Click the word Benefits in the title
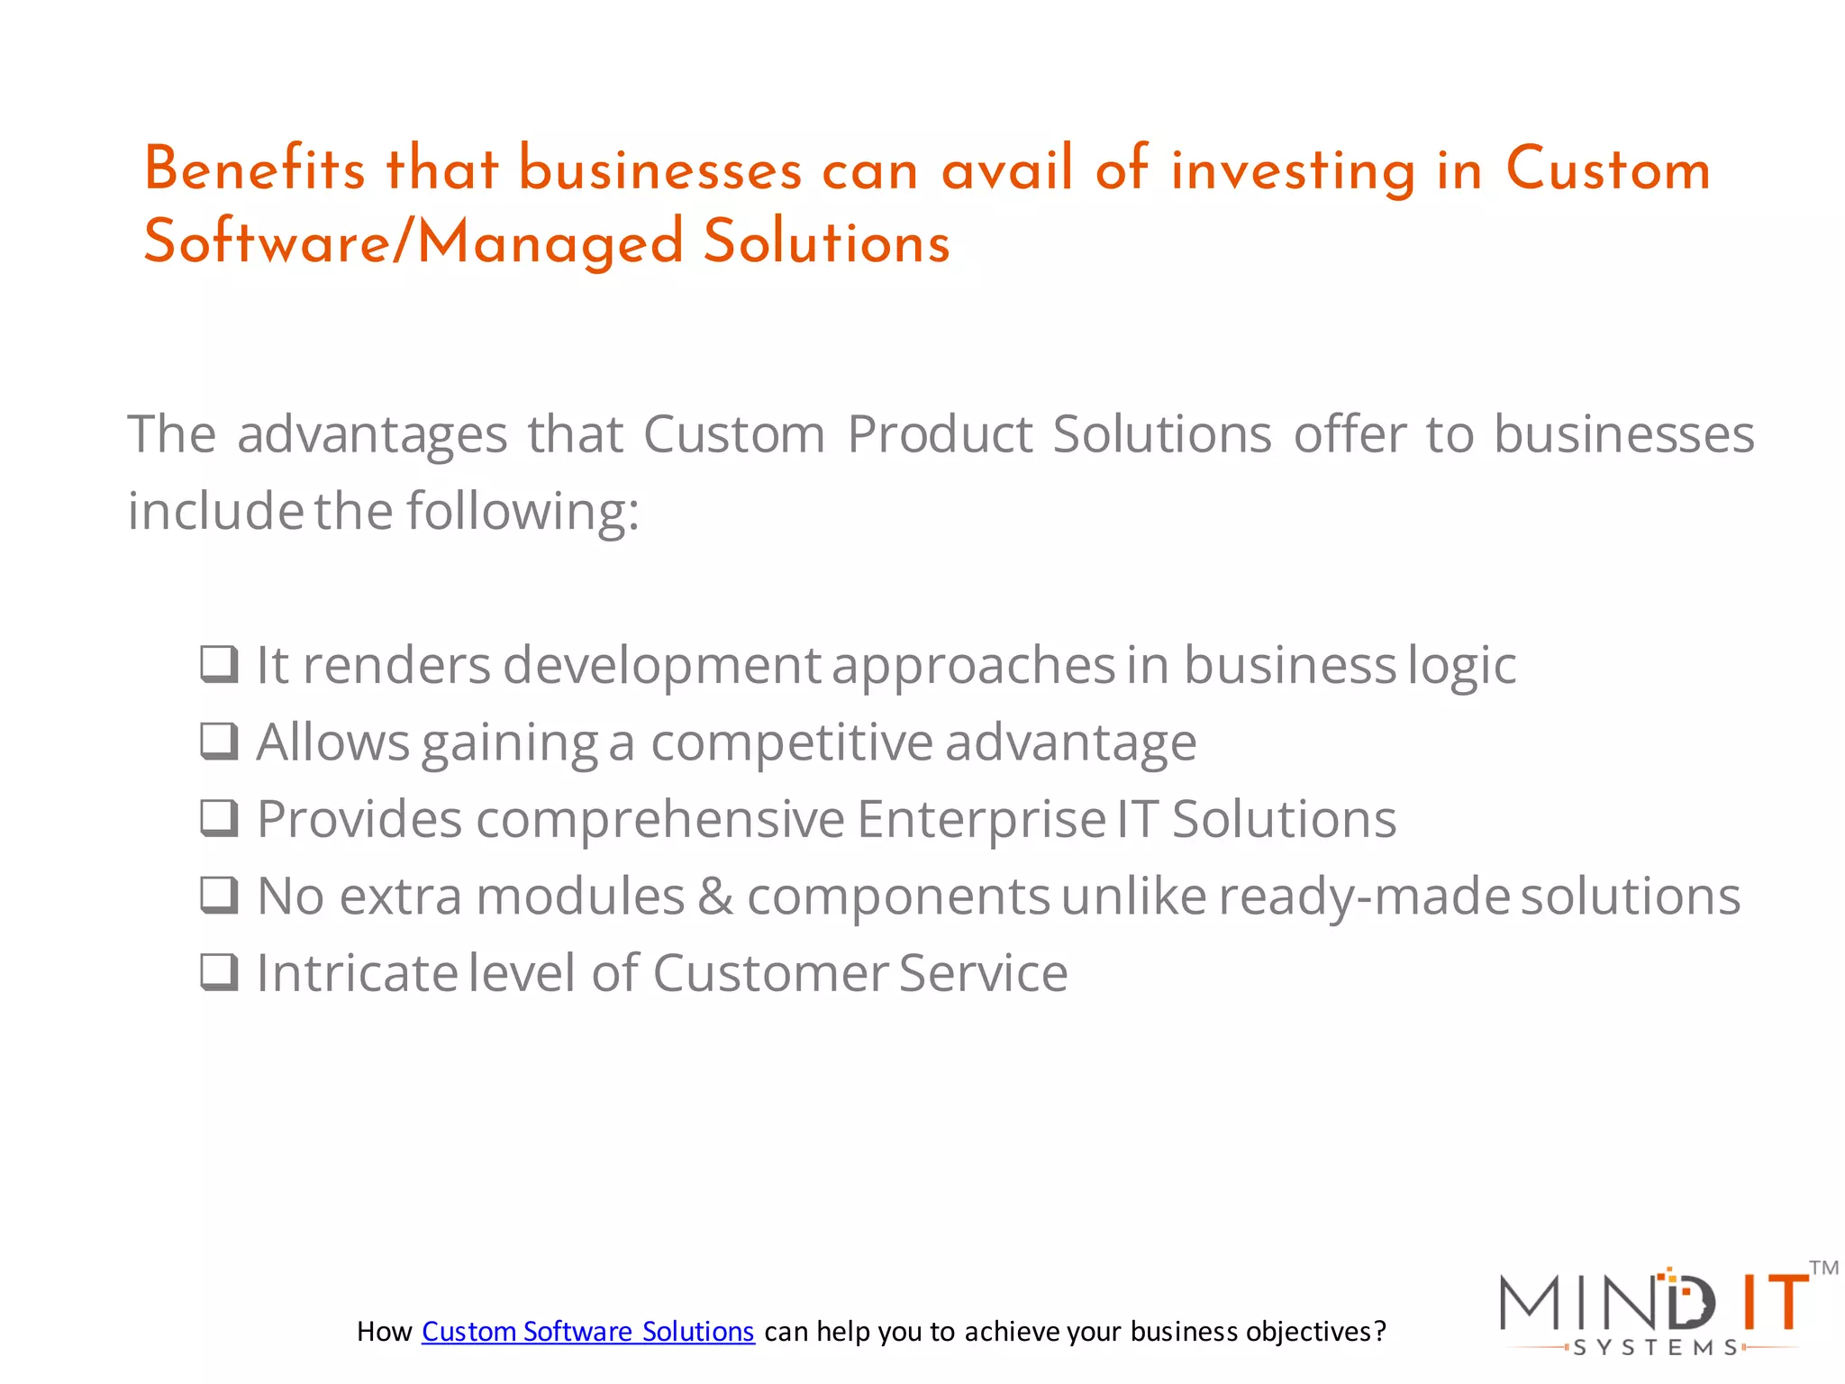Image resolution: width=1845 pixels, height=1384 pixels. (x=255, y=169)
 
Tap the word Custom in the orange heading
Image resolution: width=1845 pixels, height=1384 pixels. (x=1607, y=169)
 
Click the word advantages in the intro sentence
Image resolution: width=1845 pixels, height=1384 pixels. (x=372, y=435)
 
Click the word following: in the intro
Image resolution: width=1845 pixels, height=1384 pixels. (x=523, y=512)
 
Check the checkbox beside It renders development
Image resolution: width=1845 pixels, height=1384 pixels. (x=219, y=665)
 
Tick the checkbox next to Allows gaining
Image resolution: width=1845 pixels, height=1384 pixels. (x=219, y=742)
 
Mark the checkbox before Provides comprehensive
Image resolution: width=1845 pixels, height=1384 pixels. (x=219, y=818)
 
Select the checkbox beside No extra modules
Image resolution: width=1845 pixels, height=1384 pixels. (x=219, y=896)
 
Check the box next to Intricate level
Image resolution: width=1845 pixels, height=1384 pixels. (x=219, y=972)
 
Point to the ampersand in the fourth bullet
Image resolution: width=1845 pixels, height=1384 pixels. (x=715, y=897)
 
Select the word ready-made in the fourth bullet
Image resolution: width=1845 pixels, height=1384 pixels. (x=1364, y=897)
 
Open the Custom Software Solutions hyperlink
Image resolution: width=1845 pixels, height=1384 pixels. (x=587, y=1332)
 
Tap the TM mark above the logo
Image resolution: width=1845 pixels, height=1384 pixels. (x=1823, y=1269)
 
